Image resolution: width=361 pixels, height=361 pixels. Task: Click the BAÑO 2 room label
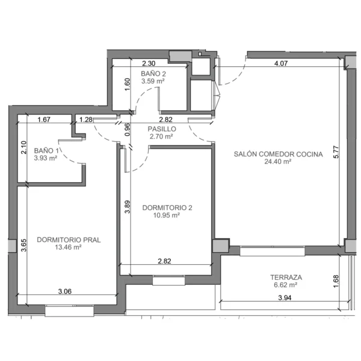click(153, 73)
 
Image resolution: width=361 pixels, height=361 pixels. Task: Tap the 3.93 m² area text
click(46, 158)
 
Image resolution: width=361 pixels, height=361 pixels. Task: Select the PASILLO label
click(162, 129)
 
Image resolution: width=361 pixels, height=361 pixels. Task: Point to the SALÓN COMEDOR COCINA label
click(278, 154)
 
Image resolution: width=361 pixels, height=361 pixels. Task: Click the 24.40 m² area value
click(277, 162)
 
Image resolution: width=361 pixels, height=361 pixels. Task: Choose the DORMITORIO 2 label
click(167, 208)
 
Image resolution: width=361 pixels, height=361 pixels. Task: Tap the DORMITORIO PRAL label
click(69, 240)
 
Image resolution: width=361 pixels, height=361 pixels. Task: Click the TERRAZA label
click(286, 277)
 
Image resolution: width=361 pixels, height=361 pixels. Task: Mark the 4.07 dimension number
click(281, 63)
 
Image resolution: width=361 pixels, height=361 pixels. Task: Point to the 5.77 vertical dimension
click(336, 152)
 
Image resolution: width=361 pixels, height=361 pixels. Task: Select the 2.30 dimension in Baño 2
click(149, 63)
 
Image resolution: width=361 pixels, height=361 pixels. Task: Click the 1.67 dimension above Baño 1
click(44, 120)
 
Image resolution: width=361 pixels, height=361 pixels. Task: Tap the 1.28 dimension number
click(86, 120)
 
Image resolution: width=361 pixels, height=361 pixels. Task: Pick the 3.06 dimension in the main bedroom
click(65, 291)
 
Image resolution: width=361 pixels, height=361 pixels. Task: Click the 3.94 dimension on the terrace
click(285, 298)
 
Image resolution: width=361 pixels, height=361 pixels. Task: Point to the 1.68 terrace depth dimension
click(336, 281)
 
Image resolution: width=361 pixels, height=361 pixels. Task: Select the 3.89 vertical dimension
click(128, 207)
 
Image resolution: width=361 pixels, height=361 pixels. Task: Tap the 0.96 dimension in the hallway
click(128, 129)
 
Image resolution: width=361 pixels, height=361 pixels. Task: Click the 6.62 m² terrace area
click(285, 285)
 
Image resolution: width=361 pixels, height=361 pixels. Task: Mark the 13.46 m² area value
click(68, 247)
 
